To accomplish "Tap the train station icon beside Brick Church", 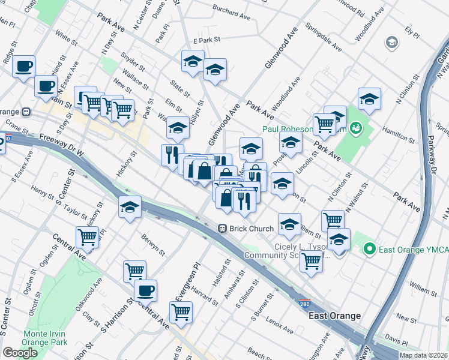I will coord(222,229).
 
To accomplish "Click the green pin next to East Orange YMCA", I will coord(370,248).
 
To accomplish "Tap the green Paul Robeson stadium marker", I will coord(355,128).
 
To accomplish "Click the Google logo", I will coord(20,353).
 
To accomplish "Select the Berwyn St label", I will coord(154,243).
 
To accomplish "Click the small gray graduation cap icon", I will coord(391,42).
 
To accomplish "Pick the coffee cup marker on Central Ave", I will coord(145,292).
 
